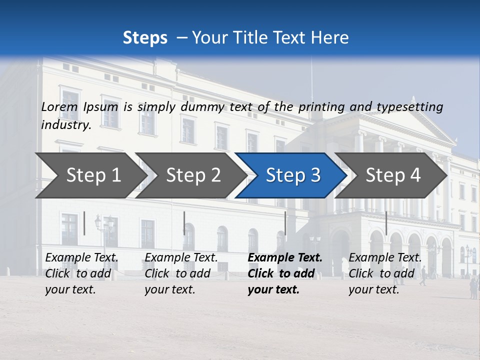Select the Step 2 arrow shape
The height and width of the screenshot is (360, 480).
pos(193,175)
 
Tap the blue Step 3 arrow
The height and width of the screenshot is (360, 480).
pos(292,175)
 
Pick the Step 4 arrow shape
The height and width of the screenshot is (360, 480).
pos(393,175)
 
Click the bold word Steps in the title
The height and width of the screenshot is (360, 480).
pos(145,38)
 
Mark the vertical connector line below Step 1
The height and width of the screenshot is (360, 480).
pos(84,223)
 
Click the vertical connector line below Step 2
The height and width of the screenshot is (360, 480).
pos(184,223)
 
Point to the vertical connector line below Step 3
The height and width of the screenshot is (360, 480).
pos(285,223)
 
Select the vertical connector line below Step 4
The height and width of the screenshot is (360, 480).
pos(386,223)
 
